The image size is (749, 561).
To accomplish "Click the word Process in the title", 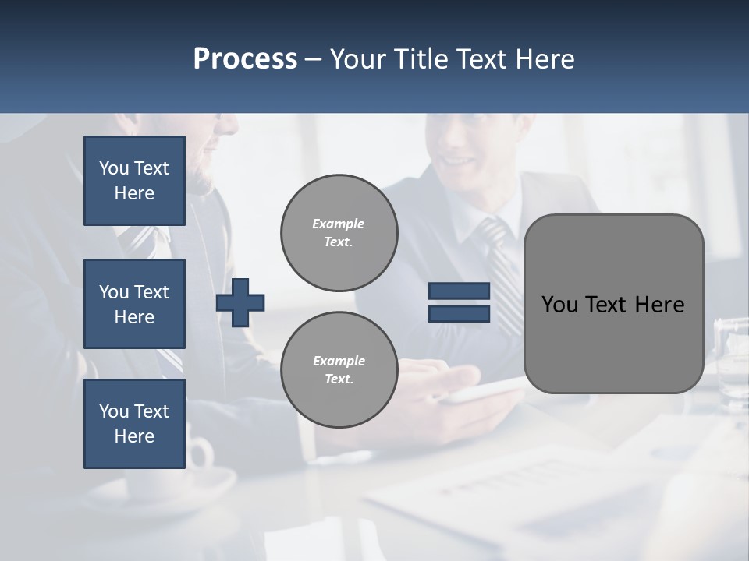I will (x=245, y=58).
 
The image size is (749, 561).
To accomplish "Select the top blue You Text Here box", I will (x=134, y=181).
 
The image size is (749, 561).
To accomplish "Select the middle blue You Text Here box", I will (x=134, y=304).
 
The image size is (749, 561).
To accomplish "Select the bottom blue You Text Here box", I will (x=134, y=424).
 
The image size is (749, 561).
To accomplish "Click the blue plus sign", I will (x=240, y=303).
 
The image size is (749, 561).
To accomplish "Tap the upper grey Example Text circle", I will (x=339, y=233).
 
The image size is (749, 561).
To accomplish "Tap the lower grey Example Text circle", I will (x=339, y=369).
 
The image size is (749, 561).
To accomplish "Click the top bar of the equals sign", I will (x=460, y=291).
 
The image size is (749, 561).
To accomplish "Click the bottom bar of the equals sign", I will (x=460, y=313).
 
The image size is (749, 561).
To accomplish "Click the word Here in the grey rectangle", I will (x=659, y=305).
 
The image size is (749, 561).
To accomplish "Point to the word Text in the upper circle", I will (x=339, y=242).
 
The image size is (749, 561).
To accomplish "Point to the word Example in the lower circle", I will (x=339, y=361).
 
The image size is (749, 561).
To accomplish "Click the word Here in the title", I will (x=545, y=59).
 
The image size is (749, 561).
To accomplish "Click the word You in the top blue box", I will (x=114, y=168).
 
